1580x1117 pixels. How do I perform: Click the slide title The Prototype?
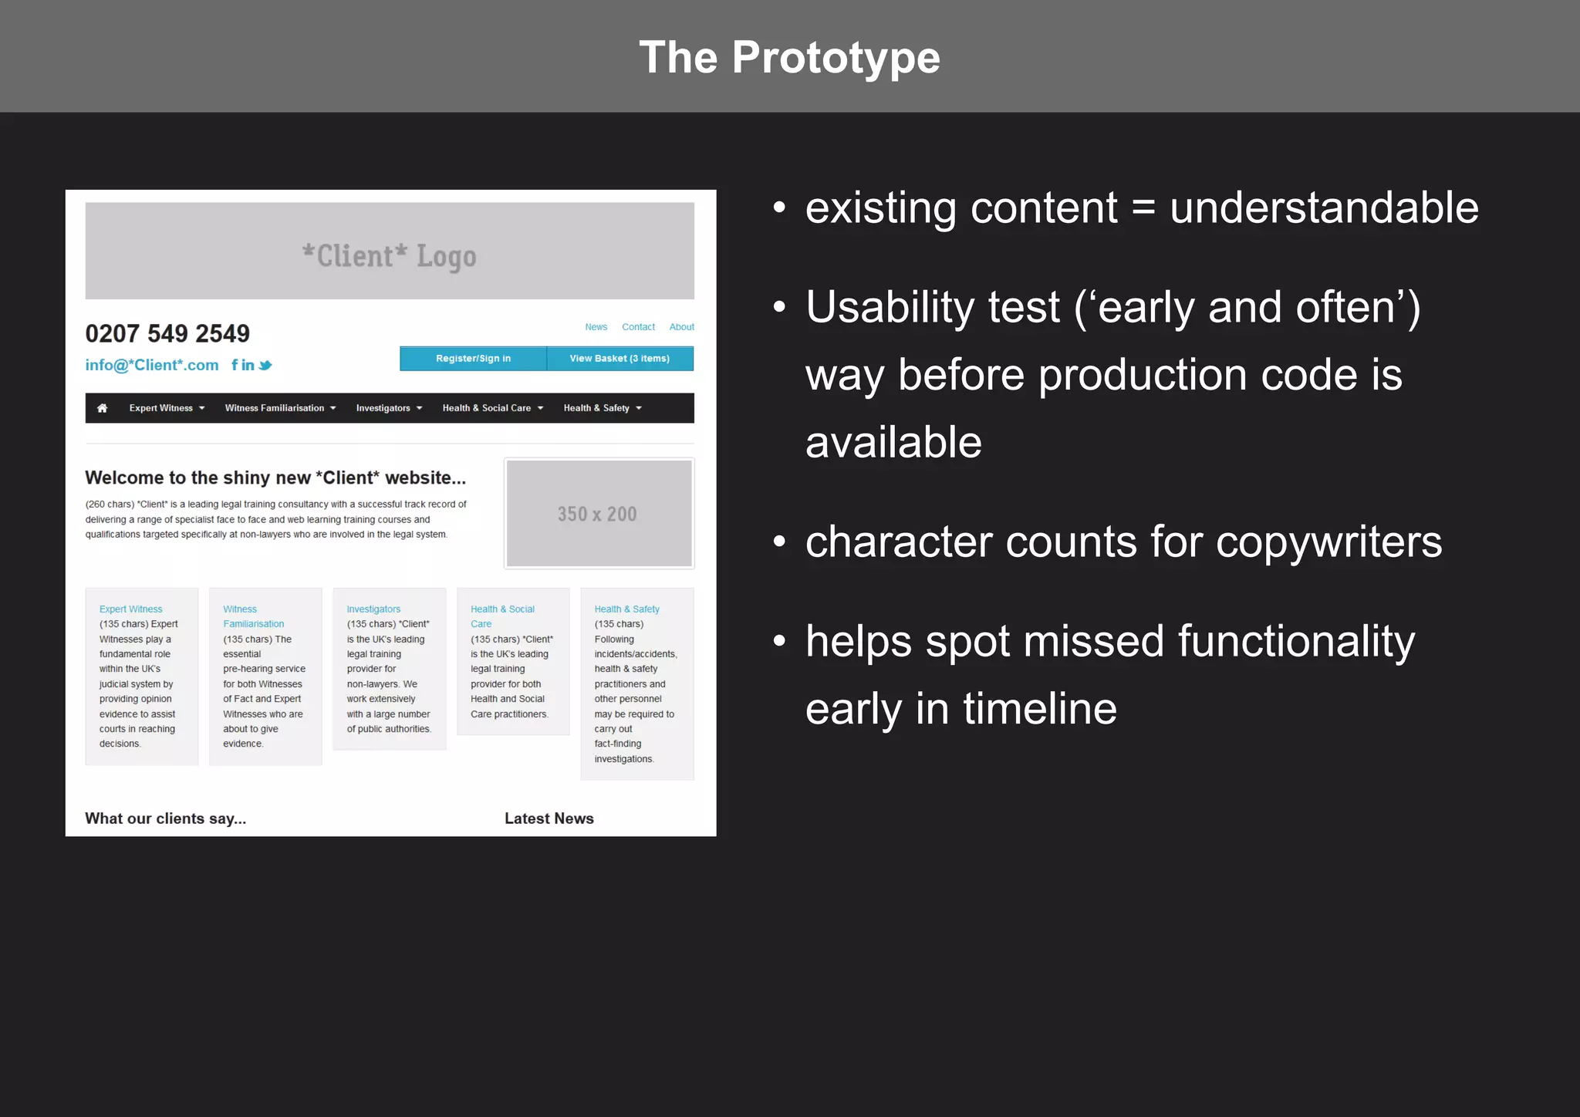coord(789,58)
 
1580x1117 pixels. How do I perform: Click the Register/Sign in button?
coord(473,359)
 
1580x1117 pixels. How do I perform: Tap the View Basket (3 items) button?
coord(620,359)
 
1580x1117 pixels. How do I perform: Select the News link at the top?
coord(596,327)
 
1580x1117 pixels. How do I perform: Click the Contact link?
coord(638,327)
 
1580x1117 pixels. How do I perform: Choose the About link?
coord(681,327)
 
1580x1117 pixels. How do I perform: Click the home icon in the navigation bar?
coord(102,408)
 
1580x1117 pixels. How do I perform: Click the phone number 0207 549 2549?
coord(167,334)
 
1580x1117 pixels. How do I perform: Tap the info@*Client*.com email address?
coord(152,366)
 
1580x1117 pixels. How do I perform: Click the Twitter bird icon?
coord(265,366)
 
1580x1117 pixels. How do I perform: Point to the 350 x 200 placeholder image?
coord(599,514)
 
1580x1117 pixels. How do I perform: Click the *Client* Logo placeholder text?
coord(389,256)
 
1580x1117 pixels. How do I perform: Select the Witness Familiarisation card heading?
coord(253,616)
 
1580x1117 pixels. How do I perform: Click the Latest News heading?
coord(549,818)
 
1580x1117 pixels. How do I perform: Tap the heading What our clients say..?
coord(165,818)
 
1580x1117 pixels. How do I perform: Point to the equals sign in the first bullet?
coord(1143,208)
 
